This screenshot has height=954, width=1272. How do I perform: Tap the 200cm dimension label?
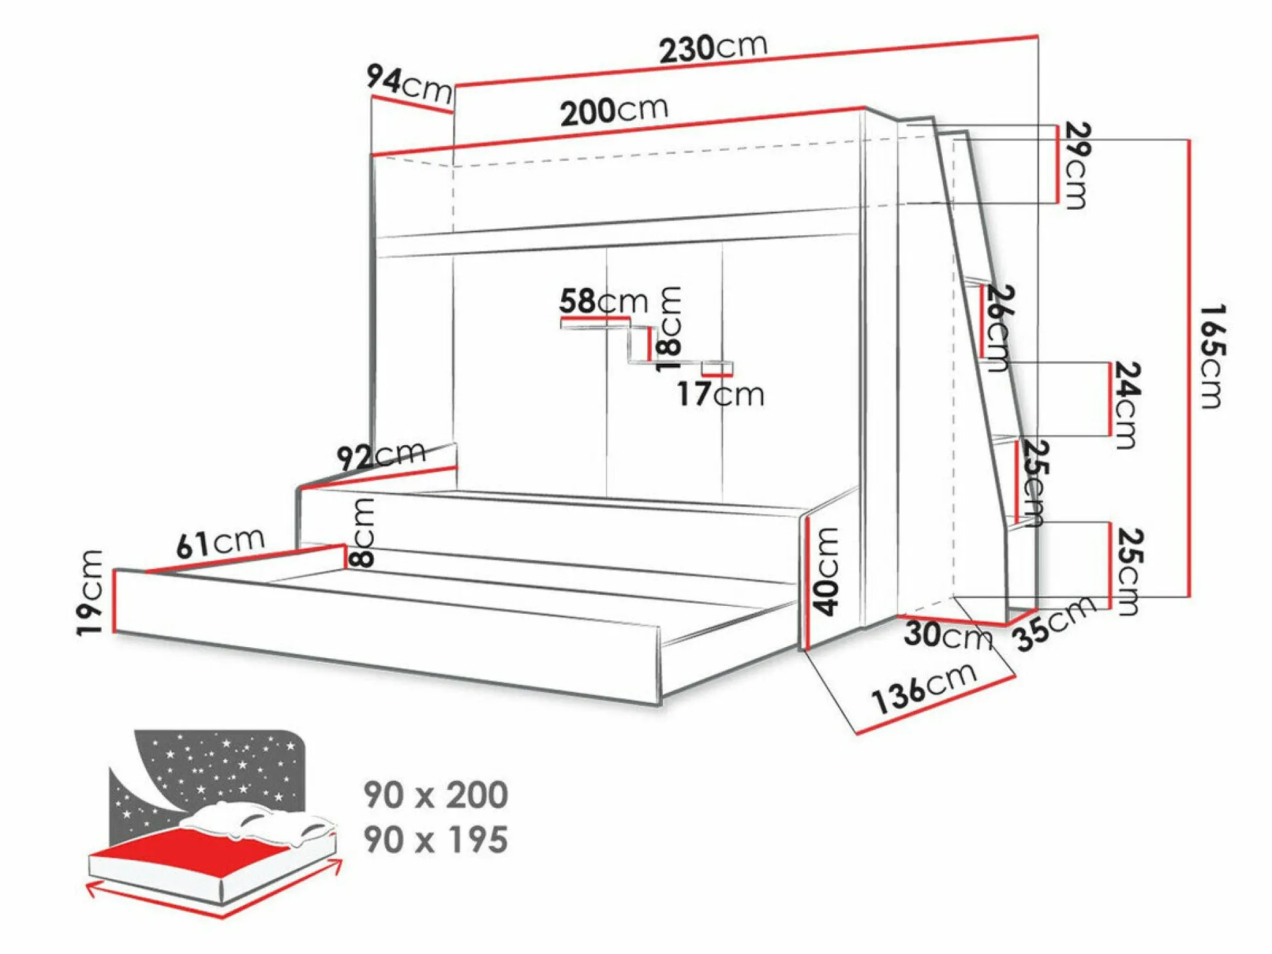(x=614, y=111)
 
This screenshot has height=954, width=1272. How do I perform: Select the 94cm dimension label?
(x=409, y=84)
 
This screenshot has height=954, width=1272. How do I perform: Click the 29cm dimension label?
(x=1076, y=165)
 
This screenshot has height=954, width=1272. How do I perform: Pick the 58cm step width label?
(x=603, y=301)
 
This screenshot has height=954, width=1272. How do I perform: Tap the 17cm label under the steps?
(x=721, y=394)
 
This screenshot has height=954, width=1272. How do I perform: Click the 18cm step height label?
(x=668, y=329)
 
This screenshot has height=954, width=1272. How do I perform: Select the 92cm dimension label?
(x=381, y=455)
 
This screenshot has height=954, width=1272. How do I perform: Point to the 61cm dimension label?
(x=220, y=543)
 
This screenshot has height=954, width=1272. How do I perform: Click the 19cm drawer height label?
(x=90, y=593)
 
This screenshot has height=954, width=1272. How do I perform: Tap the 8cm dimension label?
(x=362, y=532)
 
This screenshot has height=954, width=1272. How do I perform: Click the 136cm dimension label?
(x=924, y=688)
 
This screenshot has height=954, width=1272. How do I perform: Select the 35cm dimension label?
(x=1054, y=623)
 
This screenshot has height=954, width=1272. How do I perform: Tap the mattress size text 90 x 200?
(x=436, y=795)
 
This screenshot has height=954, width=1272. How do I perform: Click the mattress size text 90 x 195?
(x=436, y=839)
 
